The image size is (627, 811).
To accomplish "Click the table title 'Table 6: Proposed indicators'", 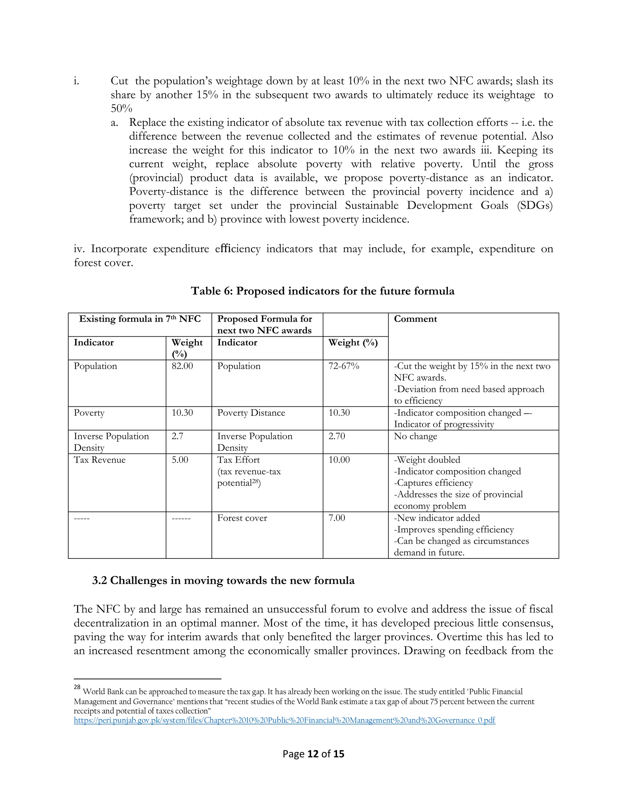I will [322, 291].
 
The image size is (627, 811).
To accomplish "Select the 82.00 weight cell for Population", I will [182, 366].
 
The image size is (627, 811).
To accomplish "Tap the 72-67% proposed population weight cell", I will [344, 366].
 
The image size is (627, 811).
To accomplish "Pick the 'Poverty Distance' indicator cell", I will [251, 413].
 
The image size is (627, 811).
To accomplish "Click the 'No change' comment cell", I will [415, 436].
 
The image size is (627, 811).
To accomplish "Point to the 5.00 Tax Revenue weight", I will [180, 460].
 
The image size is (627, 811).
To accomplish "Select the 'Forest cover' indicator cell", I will [242, 518].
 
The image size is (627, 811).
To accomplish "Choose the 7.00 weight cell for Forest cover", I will [336, 518].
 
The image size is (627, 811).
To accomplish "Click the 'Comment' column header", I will [415, 319].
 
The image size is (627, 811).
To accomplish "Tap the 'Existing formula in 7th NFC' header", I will [140, 319].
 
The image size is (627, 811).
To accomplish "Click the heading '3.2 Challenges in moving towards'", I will [223, 580].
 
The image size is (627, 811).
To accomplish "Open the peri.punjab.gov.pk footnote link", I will [284, 720].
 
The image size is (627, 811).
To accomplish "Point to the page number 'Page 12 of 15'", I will [313, 754].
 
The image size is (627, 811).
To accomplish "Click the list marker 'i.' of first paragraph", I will [77, 81].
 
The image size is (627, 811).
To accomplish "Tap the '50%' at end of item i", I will [121, 109].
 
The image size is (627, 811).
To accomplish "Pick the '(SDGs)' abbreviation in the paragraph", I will [535, 205].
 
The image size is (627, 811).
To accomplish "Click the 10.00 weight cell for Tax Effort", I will [339, 460].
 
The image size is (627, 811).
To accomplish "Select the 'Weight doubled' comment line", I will [427, 460].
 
